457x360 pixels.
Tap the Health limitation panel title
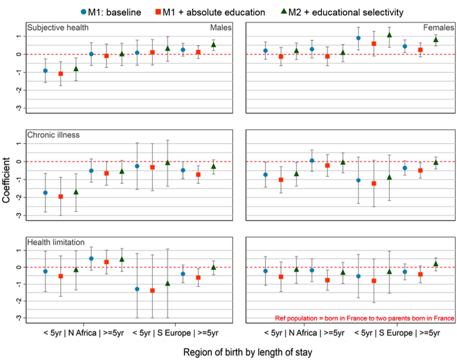tap(57, 242)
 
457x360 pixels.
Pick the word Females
tap(439, 28)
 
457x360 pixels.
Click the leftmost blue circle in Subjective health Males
tap(45, 71)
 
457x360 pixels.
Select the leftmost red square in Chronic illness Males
tap(60, 196)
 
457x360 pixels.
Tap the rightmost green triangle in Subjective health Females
tap(436, 39)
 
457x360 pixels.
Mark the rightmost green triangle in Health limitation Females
tap(436, 264)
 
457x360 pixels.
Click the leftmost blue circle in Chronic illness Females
tap(265, 175)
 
